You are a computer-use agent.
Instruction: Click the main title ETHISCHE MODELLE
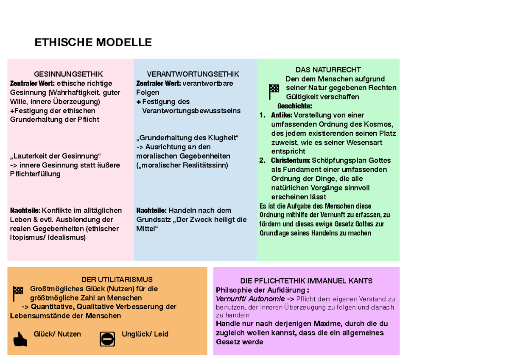pos(93,43)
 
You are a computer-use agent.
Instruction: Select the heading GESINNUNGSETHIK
pos(68,74)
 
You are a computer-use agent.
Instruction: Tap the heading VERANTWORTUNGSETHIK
pos(193,74)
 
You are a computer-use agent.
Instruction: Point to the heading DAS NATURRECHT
pos(328,70)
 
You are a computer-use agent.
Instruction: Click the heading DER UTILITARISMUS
pos(117,279)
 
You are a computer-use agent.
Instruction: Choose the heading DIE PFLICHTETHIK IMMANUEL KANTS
pos(306,281)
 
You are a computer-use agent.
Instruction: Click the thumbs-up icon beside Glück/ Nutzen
pos(20,339)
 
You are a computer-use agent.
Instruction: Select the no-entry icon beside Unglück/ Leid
pos(107,339)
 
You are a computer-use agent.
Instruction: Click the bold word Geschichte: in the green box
pos(294,106)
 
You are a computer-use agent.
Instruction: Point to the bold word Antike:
pos(282,115)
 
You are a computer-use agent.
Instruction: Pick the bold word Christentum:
pos(291,161)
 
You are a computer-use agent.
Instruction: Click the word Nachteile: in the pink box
pos(25,211)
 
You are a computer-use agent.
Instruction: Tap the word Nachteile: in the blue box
pos(151,211)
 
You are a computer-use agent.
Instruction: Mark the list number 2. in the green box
pos(263,161)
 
